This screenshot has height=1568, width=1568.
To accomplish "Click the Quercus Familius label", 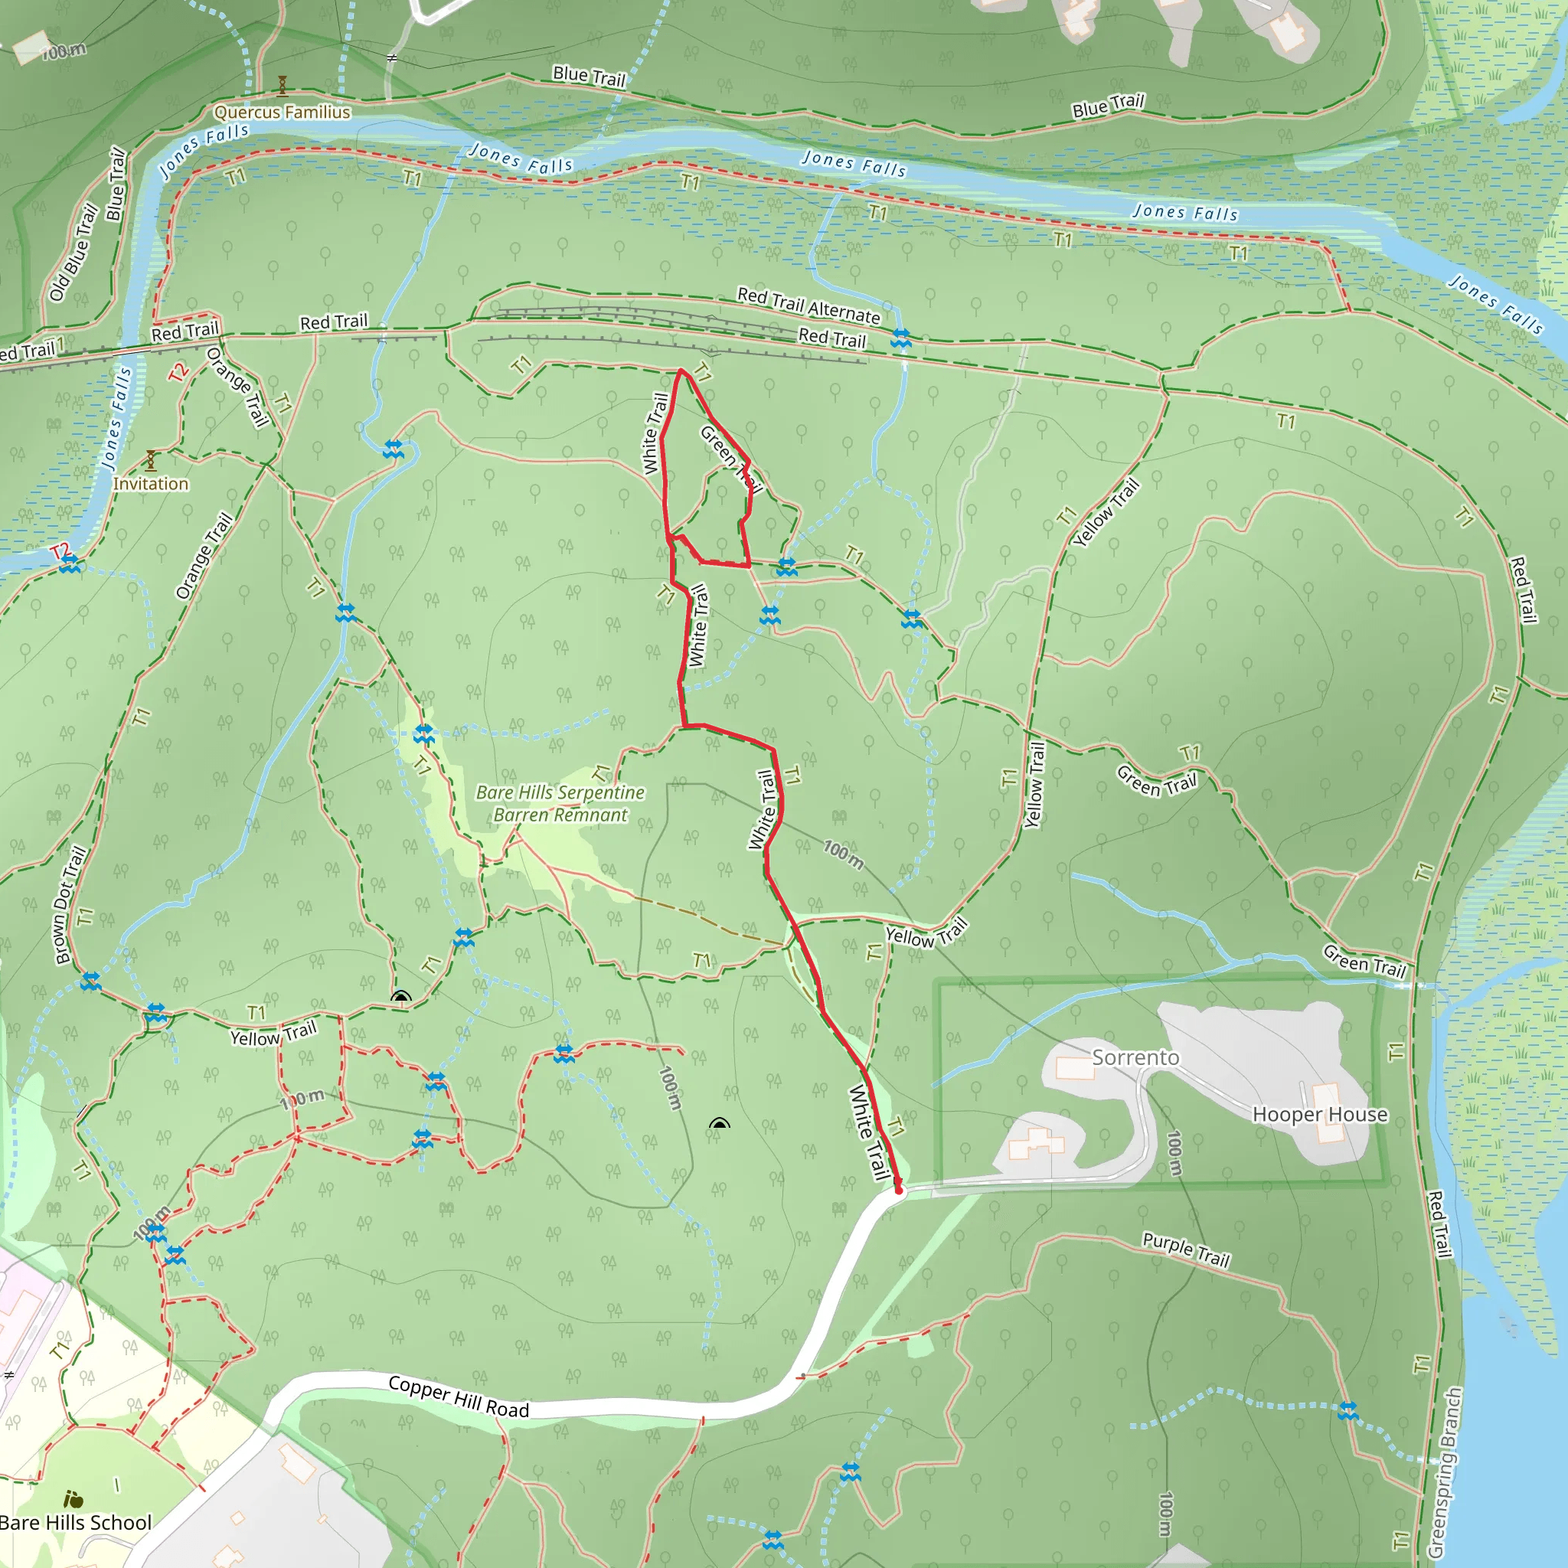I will click(283, 112).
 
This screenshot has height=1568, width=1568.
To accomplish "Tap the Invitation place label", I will click(150, 484).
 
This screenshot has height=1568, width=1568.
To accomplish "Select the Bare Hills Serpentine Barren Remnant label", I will click(560, 803).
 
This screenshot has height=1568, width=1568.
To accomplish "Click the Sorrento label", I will click(1135, 1057).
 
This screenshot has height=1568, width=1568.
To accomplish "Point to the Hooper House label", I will click(1320, 1114).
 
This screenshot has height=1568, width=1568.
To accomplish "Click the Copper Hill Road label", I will click(459, 1396).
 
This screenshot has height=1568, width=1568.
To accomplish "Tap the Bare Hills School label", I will click(76, 1523).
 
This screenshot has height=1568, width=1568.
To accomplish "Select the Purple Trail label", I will click(1186, 1249).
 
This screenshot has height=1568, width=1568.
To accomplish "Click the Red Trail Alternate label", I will click(808, 305).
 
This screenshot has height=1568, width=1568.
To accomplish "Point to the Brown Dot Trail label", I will click(70, 905).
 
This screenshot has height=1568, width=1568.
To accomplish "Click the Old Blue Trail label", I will click(73, 253).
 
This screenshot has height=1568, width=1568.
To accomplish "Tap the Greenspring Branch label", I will click(1445, 1472).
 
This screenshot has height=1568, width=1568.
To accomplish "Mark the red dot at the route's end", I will click(898, 1190).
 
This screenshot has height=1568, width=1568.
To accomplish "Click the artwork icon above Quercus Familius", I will click(283, 85).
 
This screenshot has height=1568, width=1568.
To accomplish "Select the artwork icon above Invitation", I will click(150, 460).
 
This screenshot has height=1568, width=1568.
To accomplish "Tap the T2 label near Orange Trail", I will click(178, 371).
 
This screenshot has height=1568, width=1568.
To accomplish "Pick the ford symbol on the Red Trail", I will click(901, 338).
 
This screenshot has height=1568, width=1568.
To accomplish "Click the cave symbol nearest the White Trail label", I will click(719, 1124).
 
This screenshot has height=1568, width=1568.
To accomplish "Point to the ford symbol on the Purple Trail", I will click(1348, 1411).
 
